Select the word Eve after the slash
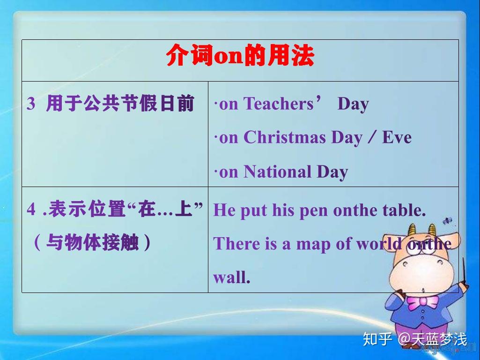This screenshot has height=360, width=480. (397, 137)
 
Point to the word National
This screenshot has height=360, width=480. (278, 172)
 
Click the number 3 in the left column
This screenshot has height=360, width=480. (31, 104)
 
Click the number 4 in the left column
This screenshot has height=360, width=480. (31, 210)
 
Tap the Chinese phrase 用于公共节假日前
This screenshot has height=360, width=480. (120, 104)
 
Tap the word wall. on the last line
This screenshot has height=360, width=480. (232, 277)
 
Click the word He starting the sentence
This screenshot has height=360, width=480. (224, 210)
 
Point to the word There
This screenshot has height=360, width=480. (234, 244)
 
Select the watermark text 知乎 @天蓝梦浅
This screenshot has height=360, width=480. (415, 339)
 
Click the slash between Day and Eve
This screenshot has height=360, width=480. (372, 137)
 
